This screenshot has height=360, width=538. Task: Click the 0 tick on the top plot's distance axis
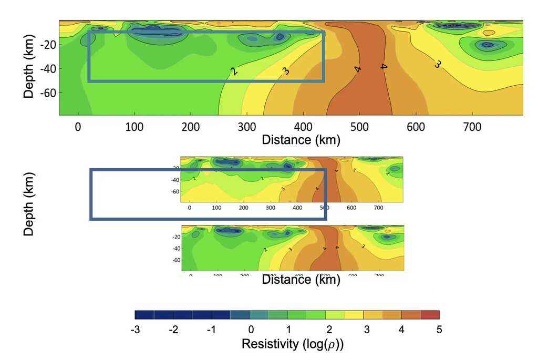click(x=78, y=127)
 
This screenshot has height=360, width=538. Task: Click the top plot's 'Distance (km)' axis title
click(x=301, y=140)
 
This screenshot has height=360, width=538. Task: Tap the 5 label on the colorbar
click(x=439, y=330)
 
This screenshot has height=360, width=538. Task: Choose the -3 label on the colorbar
click(x=134, y=330)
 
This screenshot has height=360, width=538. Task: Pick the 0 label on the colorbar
click(x=251, y=330)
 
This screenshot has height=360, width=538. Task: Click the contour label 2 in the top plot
click(x=234, y=71)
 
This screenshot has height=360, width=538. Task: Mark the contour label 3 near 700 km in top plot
click(x=437, y=64)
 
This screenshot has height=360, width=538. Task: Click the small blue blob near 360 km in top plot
click(x=280, y=37)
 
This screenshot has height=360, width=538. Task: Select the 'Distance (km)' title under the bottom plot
click(x=301, y=280)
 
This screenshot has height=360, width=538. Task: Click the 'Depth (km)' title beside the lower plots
click(x=29, y=203)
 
